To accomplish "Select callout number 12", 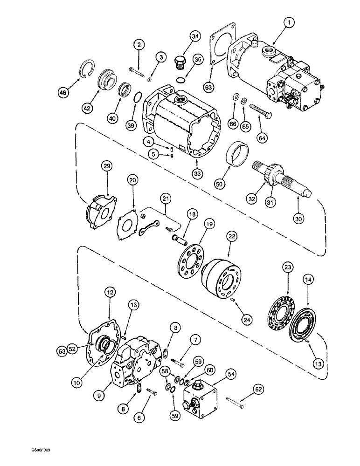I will pos(110,293).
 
